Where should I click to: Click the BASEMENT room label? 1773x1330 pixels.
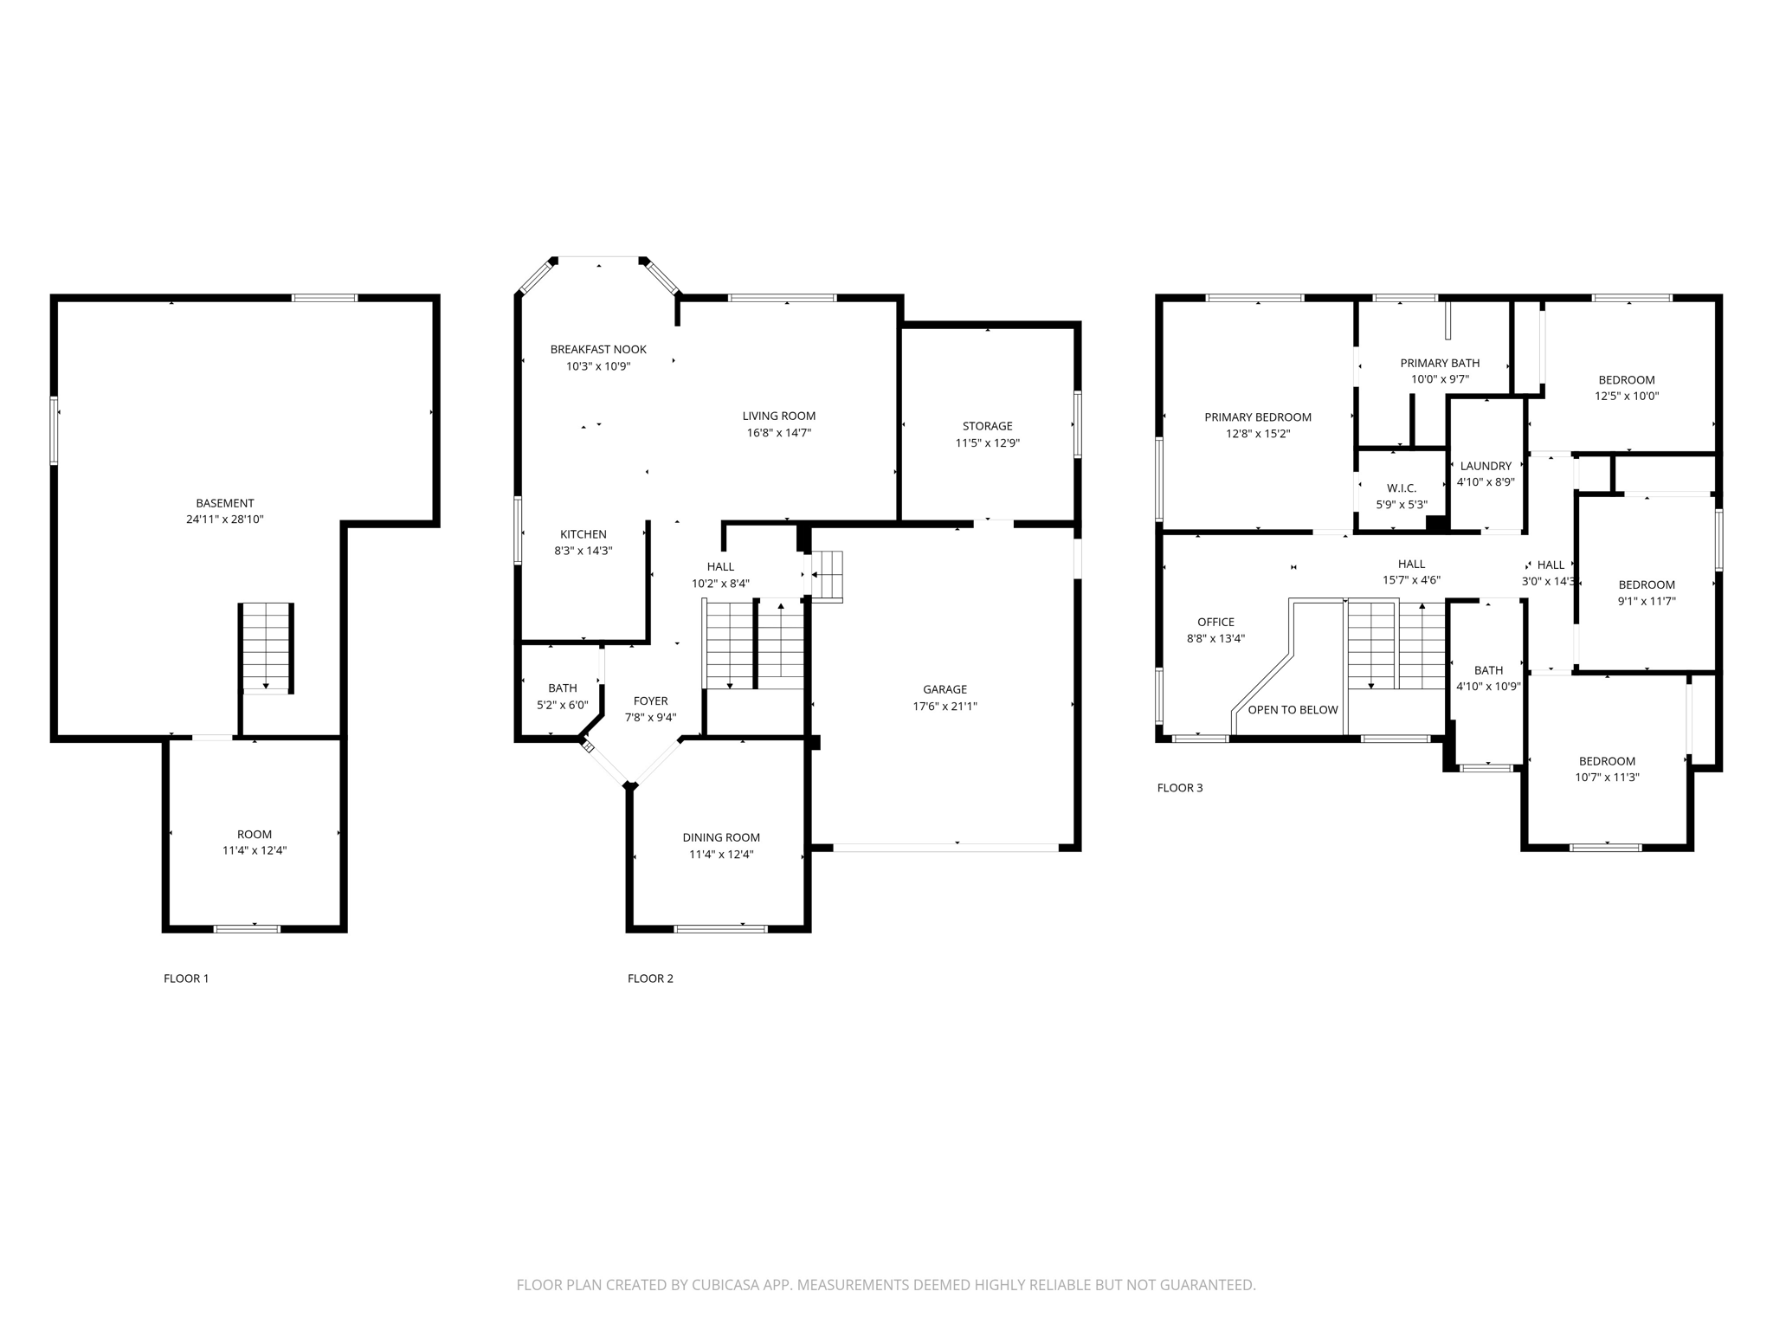click(225, 503)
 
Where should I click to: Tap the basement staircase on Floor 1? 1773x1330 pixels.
click(267, 647)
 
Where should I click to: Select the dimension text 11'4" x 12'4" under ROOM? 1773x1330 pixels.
click(255, 850)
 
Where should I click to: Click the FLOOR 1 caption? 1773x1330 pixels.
click(186, 978)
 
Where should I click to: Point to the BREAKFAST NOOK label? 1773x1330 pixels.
click(598, 350)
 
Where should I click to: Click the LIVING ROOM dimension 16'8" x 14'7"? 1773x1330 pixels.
click(778, 433)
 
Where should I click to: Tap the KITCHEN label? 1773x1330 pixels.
click(583, 534)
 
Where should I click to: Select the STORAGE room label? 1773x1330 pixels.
click(987, 426)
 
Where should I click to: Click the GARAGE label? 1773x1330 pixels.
click(945, 689)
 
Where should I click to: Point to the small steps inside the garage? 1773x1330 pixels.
click(827, 575)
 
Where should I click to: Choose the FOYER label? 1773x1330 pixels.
click(650, 701)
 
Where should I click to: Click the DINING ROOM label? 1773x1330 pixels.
click(721, 837)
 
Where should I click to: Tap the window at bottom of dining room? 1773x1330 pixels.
click(720, 929)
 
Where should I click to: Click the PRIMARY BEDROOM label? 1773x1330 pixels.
click(1258, 417)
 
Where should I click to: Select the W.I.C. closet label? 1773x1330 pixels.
click(1401, 488)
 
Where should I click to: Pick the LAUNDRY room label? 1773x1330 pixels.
click(1486, 466)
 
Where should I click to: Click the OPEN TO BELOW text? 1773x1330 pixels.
click(1293, 710)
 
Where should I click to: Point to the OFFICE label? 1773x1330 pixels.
click(1215, 622)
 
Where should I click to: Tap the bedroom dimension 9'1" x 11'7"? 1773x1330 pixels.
click(1647, 601)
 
